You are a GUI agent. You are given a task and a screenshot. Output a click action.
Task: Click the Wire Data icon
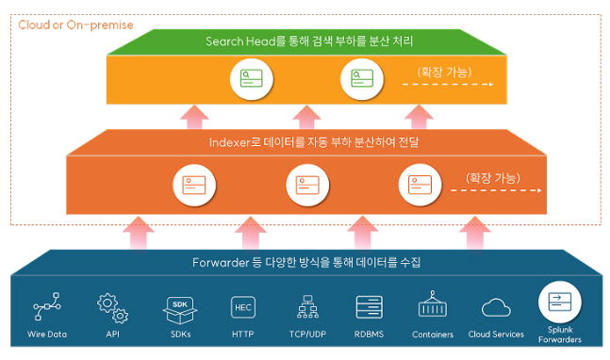tap(47, 306)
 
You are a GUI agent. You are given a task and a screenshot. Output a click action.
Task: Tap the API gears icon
tap(112, 308)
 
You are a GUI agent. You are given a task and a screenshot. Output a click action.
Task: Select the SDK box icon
tap(180, 310)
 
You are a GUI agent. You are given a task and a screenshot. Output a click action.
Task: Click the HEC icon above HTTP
tap(243, 307)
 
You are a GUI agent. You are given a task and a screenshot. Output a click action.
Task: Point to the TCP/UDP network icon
tap(307, 306)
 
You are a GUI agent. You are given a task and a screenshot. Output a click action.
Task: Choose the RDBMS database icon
tap(370, 307)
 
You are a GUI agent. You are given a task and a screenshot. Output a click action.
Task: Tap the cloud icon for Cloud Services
tap(496, 307)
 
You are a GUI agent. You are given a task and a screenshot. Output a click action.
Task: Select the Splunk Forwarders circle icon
tap(560, 303)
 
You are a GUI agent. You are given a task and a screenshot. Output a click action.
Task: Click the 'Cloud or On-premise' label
tap(75, 25)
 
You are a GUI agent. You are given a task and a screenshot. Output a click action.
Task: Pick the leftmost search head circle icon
tap(252, 78)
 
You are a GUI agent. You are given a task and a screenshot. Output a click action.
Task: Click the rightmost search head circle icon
tap(362, 78)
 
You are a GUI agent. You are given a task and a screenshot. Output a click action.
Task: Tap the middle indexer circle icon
tap(307, 185)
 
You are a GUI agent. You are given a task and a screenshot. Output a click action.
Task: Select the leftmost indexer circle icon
tap(194, 185)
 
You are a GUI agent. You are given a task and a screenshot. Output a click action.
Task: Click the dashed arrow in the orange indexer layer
tap(496, 190)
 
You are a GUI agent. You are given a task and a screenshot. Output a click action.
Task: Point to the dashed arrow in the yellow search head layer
tap(448, 84)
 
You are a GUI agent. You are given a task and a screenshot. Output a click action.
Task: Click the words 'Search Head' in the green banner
tap(240, 41)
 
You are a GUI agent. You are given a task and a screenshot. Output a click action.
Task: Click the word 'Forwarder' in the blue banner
tap(221, 262)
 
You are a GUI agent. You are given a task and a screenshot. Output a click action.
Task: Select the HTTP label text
tap(242, 335)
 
